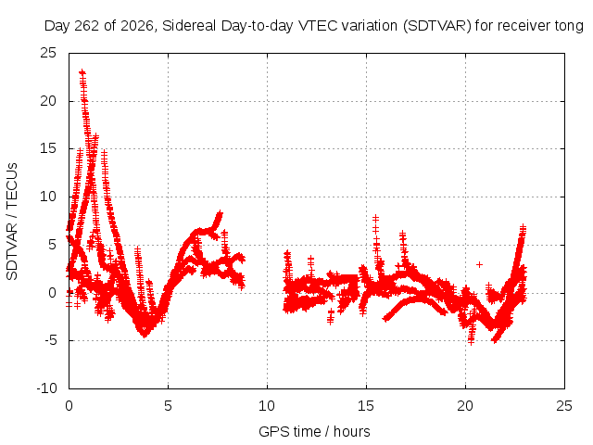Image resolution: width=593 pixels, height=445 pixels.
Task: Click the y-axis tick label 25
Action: tap(48, 53)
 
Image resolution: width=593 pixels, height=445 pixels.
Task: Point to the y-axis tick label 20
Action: tap(48, 101)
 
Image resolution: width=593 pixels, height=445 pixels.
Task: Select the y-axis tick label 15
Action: tap(48, 148)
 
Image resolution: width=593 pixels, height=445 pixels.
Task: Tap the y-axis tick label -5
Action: tap(50, 340)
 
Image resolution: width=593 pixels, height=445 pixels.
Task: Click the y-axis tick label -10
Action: tap(46, 388)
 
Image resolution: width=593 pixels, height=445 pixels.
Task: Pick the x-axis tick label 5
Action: tap(168, 406)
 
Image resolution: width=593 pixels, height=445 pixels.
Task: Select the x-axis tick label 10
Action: tap(267, 406)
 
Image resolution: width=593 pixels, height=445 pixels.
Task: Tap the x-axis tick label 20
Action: tap(465, 406)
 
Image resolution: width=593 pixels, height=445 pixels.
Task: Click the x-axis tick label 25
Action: tap(564, 406)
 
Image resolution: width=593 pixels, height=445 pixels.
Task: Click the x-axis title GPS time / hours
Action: tap(314, 432)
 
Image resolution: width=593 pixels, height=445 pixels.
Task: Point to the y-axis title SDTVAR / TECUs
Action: tap(12, 222)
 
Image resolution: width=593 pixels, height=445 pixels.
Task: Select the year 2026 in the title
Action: tap(137, 26)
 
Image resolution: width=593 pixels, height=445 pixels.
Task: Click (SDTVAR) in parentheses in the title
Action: tap(436, 26)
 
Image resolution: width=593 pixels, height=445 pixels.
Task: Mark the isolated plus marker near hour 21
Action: tap(480, 264)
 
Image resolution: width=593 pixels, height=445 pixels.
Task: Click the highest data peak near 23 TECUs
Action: tap(82, 72)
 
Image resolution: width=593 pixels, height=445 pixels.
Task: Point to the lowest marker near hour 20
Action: tap(471, 342)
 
